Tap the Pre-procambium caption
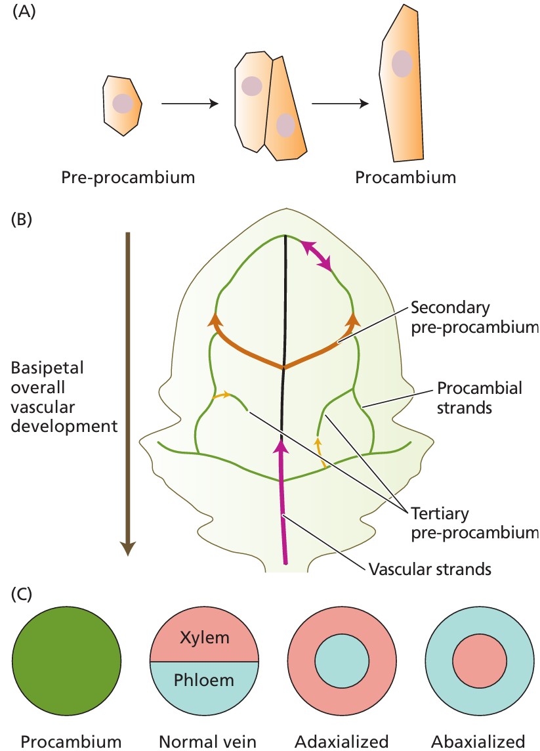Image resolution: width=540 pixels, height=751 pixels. point(128,177)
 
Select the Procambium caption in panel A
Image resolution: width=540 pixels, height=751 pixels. point(405,177)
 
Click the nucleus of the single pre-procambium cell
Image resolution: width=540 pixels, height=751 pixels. point(122,103)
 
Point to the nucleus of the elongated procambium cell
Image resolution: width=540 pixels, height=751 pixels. point(402,64)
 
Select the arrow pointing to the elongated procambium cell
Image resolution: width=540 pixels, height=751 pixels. point(340,104)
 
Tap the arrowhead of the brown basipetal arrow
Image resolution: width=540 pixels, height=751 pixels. point(129,548)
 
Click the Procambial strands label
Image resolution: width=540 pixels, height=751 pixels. point(480,397)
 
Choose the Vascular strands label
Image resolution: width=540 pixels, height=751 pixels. point(430,569)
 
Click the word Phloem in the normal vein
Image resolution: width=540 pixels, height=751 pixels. point(204,680)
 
